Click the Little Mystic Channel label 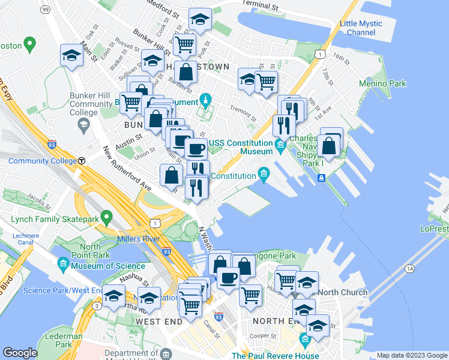pos(360,28)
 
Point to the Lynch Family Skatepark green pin pos(107,217)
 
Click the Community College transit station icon pos(81,161)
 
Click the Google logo pos(20,353)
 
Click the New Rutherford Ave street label pos(126,169)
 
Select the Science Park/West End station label pos(62,291)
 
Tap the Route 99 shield pos(46,10)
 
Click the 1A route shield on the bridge pos(410,269)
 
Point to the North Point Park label pos(90,251)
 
